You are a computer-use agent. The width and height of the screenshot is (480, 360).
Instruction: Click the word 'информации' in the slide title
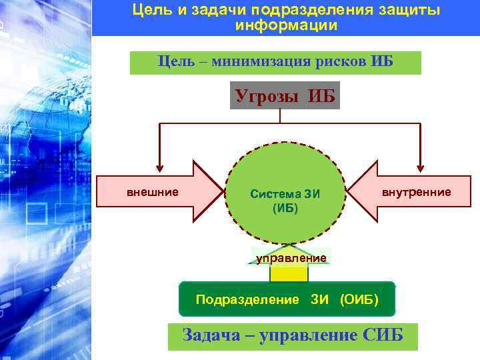click(286, 25)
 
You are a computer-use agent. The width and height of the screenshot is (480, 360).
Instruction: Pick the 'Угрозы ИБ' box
click(285, 95)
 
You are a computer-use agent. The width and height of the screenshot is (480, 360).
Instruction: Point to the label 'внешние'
click(153, 193)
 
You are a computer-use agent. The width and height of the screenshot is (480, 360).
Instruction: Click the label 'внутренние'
click(416, 193)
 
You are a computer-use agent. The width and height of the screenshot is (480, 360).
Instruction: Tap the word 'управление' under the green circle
click(291, 257)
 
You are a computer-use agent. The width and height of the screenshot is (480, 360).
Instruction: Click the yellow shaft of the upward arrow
click(289, 273)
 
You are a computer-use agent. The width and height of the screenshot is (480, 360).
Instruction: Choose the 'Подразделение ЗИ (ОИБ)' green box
click(287, 299)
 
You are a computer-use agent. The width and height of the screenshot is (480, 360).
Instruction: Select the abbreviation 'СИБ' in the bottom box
click(383, 335)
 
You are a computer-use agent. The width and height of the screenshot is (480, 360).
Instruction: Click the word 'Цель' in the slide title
click(148, 10)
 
